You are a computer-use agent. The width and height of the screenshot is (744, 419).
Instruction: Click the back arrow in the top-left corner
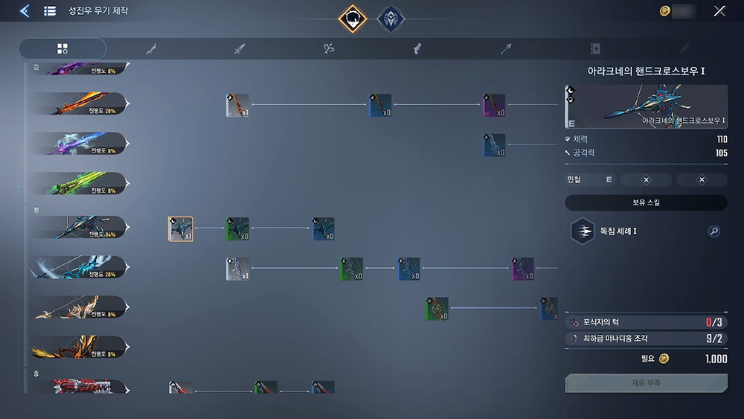[25, 11]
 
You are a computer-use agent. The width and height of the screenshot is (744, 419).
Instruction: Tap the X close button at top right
[719, 11]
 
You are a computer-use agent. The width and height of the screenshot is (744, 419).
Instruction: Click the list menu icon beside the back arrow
[50, 11]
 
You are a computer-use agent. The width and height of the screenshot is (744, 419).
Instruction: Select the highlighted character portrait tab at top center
[352, 19]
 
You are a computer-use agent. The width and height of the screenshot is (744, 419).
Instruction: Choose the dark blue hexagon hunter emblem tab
[391, 19]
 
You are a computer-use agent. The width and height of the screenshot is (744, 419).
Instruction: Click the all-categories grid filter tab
[62, 49]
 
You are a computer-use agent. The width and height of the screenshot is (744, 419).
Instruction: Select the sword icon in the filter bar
[240, 49]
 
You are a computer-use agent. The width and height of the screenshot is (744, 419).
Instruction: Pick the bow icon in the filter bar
[329, 49]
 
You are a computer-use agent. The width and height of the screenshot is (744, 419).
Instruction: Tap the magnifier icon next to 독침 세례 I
[713, 231]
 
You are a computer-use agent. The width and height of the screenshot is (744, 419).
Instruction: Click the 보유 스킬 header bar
[646, 202]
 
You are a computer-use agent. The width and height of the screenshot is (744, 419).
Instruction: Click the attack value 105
[720, 153]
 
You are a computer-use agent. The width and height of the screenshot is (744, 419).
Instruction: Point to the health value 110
[720, 139]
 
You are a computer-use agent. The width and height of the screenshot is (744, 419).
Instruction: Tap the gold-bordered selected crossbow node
[180, 229]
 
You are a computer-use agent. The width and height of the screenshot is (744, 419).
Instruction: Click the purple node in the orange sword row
[494, 106]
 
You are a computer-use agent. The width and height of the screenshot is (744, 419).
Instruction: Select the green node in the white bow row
[351, 269]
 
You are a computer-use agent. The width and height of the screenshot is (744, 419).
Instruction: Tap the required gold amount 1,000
[716, 359]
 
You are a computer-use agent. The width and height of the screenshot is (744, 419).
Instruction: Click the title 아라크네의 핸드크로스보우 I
[645, 71]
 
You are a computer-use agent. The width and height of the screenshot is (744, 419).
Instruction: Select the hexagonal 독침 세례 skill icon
[582, 231]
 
